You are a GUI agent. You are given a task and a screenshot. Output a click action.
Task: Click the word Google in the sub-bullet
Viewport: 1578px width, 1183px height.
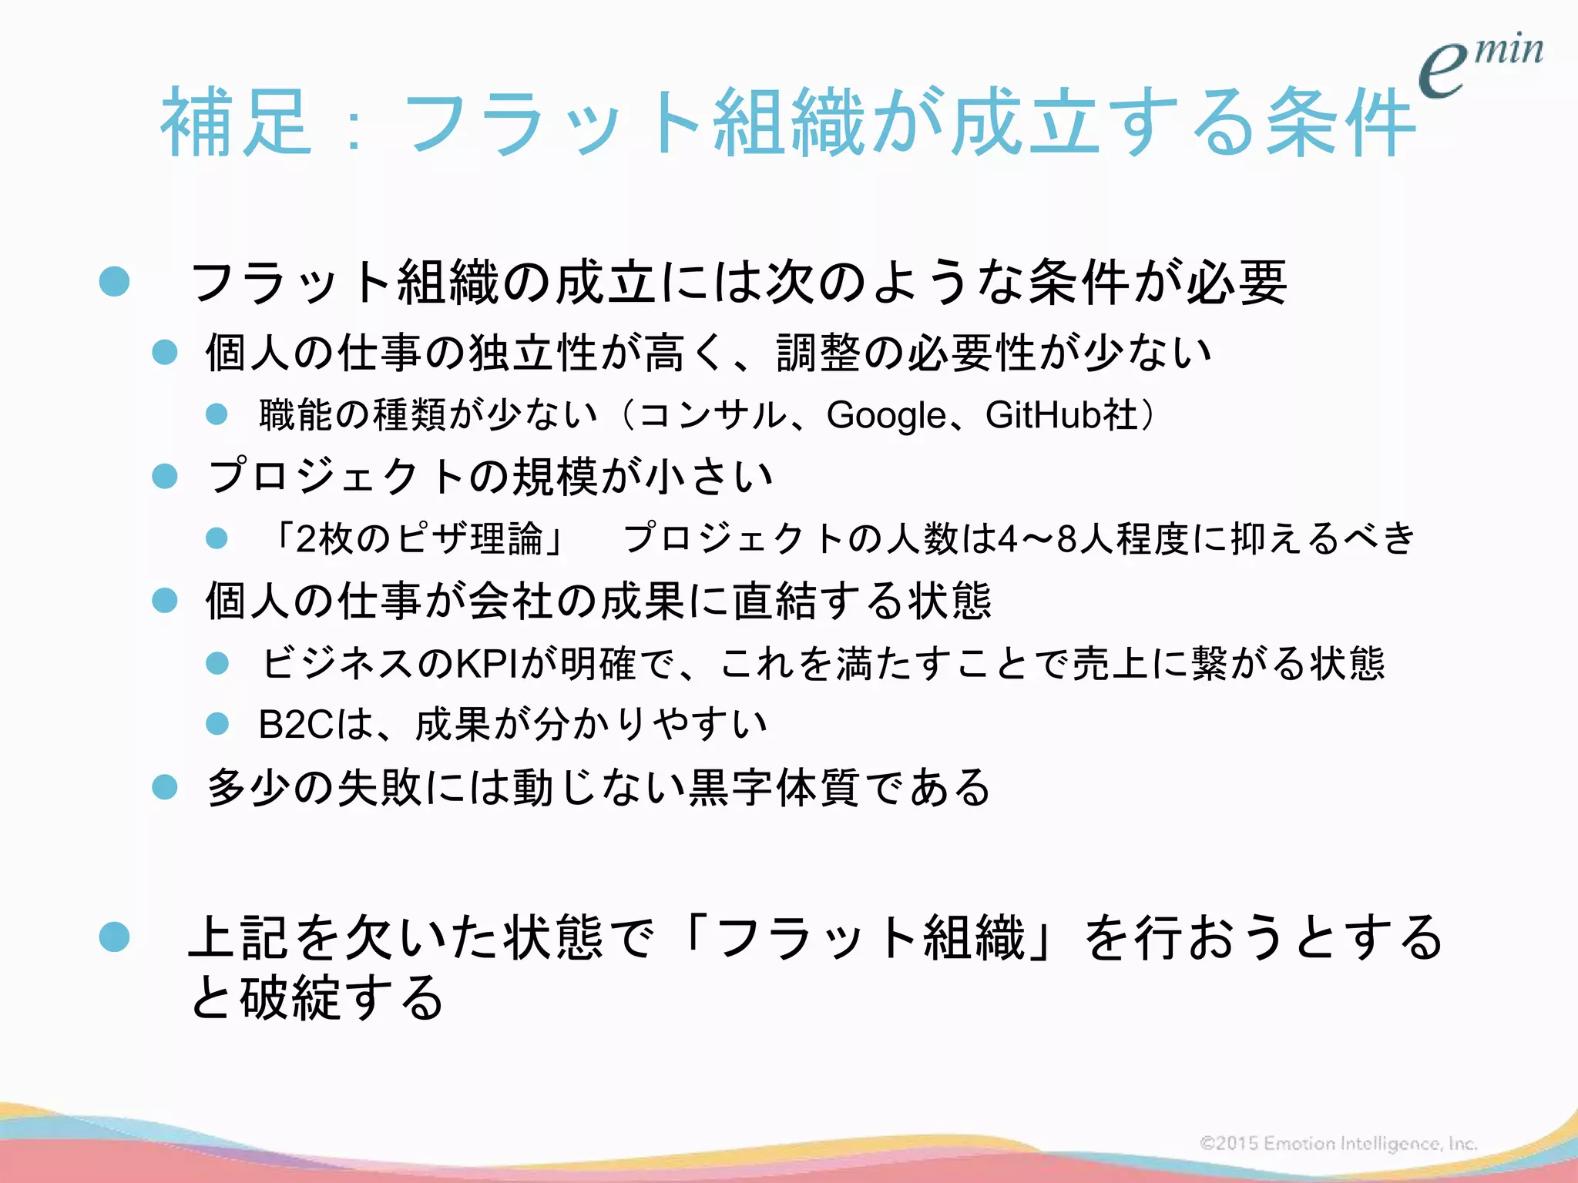(886, 416)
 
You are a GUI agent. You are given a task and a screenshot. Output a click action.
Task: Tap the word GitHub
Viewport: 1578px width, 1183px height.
(1044, 415)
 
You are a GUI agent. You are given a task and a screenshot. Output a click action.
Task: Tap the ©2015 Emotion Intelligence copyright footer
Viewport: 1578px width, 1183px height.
(1338, 1143)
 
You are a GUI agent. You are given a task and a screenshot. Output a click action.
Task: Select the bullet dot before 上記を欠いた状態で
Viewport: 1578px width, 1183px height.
(115, 937)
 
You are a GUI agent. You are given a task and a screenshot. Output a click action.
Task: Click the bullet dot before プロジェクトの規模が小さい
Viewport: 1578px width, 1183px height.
(165, 476)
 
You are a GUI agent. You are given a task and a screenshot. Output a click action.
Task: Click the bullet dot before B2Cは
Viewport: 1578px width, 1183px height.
(217, 724)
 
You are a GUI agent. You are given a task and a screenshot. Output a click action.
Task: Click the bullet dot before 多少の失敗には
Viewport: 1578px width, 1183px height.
(165, 787)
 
